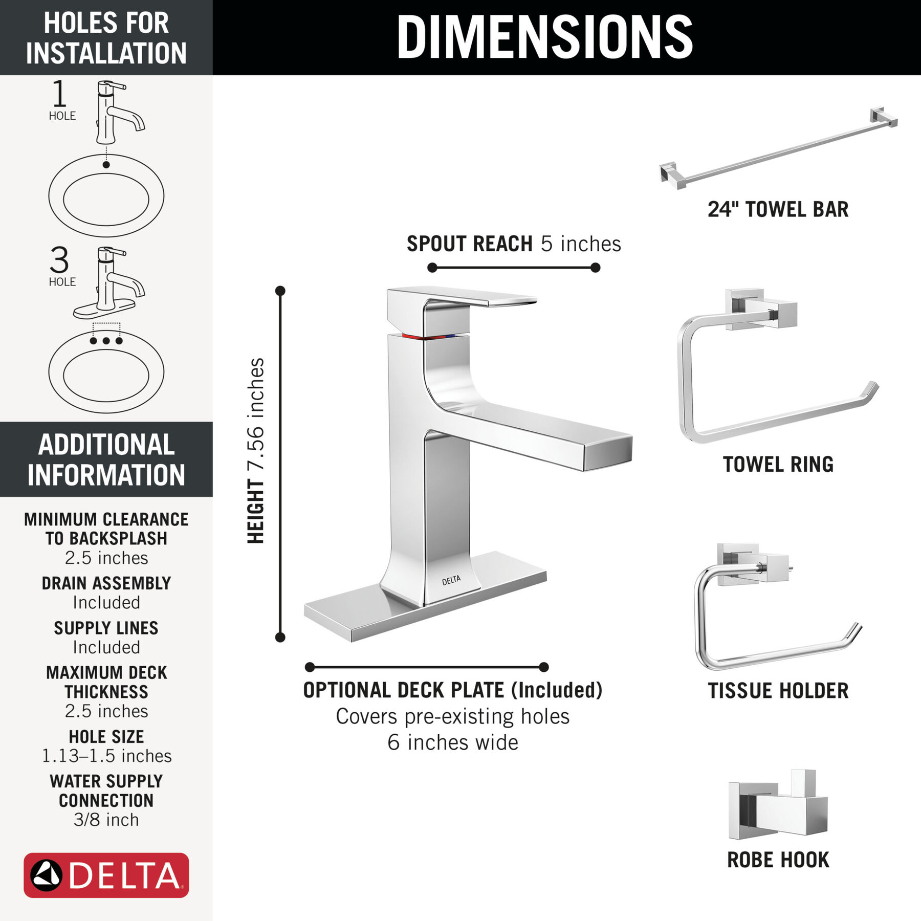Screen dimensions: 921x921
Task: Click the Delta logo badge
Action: pyautogui.click(x=106, y=875)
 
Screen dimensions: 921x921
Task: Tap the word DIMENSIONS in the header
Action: pyautogui.click(x=544, y=37)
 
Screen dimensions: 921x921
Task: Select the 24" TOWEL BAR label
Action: pyautogui.click(x=778, y=209)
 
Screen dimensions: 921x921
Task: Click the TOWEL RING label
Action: pyautogui.click(x=778, y=465)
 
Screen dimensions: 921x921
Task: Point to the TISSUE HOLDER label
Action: pyautogui.click(x=778, y=691)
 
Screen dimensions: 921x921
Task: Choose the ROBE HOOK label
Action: pyautogui.click(x=778, y=860)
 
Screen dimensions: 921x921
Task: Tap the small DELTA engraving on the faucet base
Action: pyautogui.click(x=451, y=580)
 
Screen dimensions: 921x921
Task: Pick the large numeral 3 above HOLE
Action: pyautogui.click(x=59, y=260)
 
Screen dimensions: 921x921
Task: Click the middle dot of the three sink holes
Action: pyautogui.click(x=106, y=341)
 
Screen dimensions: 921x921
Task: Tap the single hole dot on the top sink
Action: pyautogui.click(x=106, y=165)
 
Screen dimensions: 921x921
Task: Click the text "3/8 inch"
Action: pyautogui.click(x=106, y=820)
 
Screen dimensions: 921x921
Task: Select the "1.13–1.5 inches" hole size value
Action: pyautogui.click(x=106, y=756)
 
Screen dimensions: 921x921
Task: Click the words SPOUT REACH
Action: pyautogui.click(x=469, y=244)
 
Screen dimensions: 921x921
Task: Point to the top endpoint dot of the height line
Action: pyautogui.click(x=280, y=291)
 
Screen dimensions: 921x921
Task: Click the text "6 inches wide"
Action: pyautogui.click(x=452, y=742)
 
